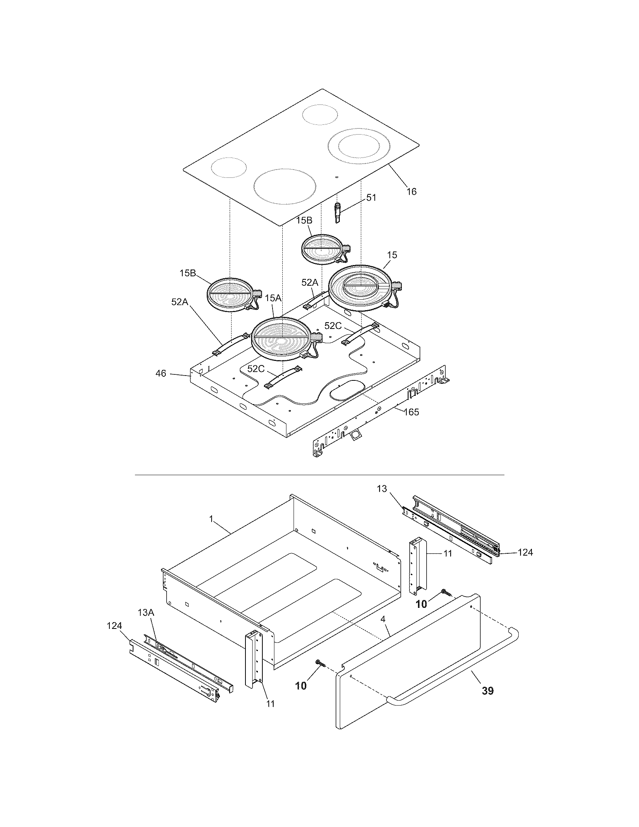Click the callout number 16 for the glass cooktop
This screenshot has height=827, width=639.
[x=411, y=192]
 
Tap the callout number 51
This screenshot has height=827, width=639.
[x=371, y=198]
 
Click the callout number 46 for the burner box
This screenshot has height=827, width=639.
[x=161, y=373]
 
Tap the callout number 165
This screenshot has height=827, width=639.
[x=412, y=412]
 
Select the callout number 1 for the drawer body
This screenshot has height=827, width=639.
[x=211, y=519]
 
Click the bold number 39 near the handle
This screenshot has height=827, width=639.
[x=488, y=691]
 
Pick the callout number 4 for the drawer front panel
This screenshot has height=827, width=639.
[x=383, y=619]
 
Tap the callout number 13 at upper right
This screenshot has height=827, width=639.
[x=382, y=489]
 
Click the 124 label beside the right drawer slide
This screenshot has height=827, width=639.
[x=525, y=553]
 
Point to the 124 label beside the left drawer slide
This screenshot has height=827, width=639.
[x=114, y=626]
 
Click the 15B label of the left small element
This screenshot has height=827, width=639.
[x=188, y=273]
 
